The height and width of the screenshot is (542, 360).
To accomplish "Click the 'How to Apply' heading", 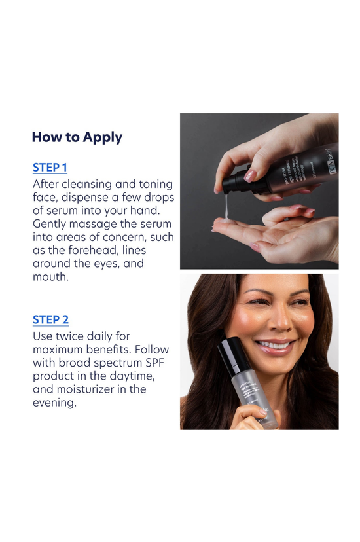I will [77, 137].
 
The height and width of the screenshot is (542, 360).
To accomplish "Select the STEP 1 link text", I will [50, 168].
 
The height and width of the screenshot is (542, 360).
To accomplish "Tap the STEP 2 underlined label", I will [50, 319].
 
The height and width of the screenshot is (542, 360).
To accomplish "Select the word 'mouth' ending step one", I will [50, 277].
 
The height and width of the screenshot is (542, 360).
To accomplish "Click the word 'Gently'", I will [52, 225].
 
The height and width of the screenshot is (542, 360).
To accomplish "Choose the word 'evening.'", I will [54, 403].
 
